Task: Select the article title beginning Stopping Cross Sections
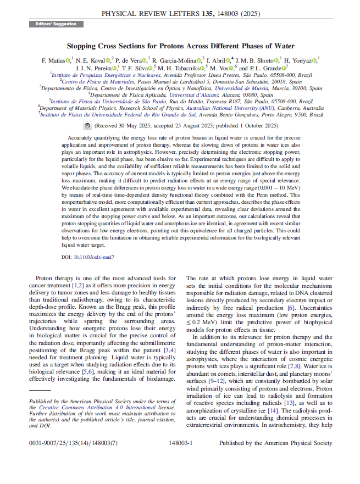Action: coord(180,46)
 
